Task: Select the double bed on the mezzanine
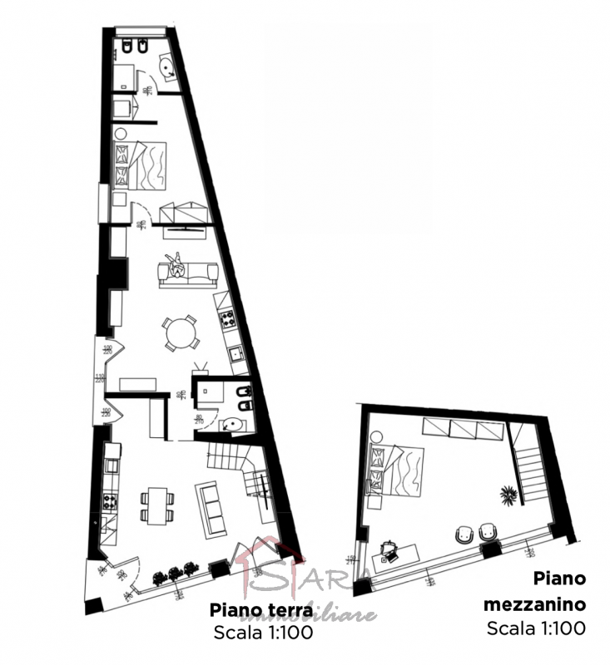(x=398, y=470)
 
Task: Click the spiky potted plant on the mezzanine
(x=506, y=495)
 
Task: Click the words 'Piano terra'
(x=260, y=609)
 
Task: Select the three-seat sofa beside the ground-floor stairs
(x=211, y=508)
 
